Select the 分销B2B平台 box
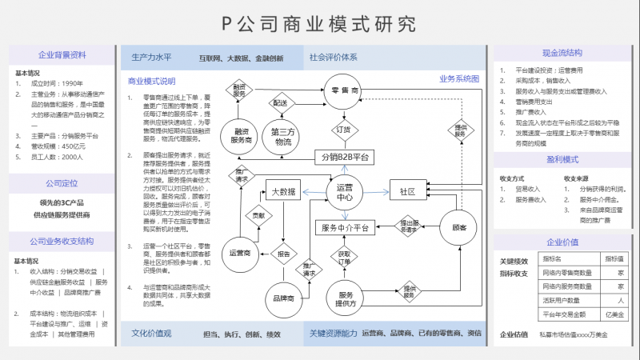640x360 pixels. (345, 156)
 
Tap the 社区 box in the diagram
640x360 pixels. (408, 192)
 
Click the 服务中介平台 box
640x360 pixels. (345, 228)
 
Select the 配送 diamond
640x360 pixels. (280, 102)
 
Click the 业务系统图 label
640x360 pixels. (458, 79)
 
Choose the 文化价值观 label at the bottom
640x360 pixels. (152, 333)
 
